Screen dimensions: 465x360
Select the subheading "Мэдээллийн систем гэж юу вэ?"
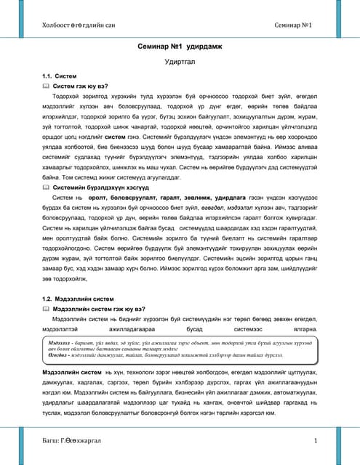tap(103, 308)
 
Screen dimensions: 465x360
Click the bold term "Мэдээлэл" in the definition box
tap(60, 340)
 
